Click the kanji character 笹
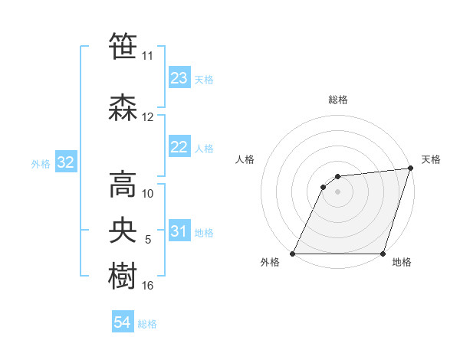tap(124, 47)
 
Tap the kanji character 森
tap(124, 107)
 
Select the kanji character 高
tap(124, 184)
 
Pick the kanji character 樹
tap(124, 276)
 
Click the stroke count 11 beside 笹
tap(148, 56)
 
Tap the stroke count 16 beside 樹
tap(148, 286)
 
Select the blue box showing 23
tap(179, 78)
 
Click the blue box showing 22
tap(179, 147)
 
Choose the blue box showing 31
tap(179, 231)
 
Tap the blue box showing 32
tap(65, 162)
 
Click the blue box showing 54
tap(123, 322)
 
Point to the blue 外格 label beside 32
tap(41, 163)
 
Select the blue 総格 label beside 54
tap(147, 323)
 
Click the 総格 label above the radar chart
tap(338, 100)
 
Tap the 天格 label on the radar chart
tap(431, 159)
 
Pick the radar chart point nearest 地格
tap(383, 254)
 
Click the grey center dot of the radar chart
tap(337, 191)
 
